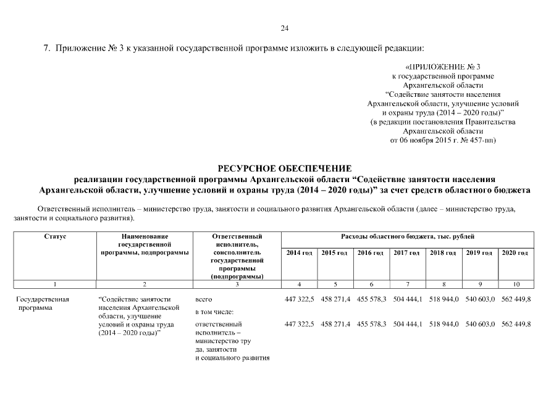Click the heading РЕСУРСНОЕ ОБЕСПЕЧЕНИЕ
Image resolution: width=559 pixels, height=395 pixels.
[x=285, y=168]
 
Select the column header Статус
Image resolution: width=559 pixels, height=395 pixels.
[x=55, y=236]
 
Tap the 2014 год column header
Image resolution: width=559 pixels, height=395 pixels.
[x=299, y=253]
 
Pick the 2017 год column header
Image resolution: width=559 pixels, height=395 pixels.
[x=407, y=253]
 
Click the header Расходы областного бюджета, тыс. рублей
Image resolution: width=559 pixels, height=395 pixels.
[x=408, y=236]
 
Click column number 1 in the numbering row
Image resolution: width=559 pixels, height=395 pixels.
[x=55, y=285]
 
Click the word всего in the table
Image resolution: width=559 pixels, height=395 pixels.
[x=203, y=299]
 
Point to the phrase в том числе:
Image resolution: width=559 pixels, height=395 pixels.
[x=214, y=312]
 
